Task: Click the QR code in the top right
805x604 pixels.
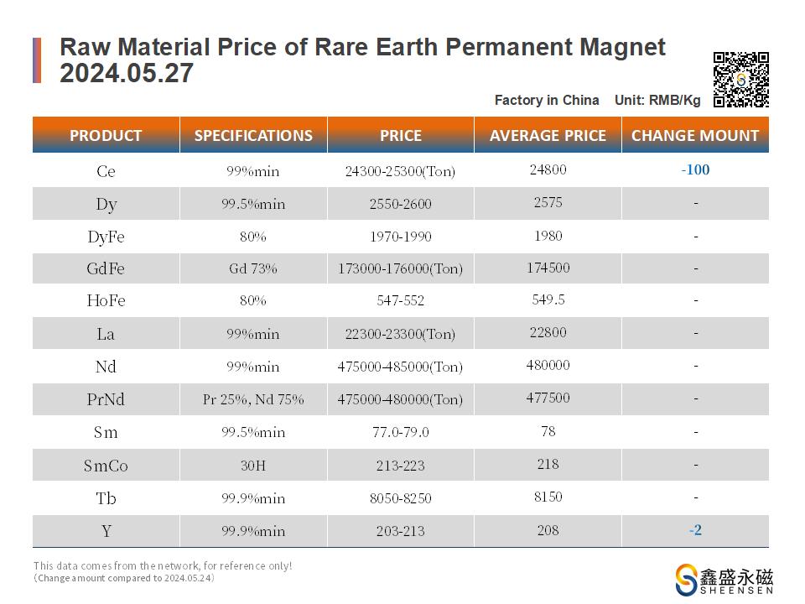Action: click(x=740, y=80)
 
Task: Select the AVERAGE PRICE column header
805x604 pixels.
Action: click(x=548, y=135)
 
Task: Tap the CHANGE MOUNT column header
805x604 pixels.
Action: click(x=695, y=135)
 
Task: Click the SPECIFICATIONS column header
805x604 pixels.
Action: click(x=253, y=135)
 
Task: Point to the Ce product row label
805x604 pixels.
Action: click(x=106, y=171)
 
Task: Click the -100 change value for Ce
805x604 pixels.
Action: click(x=695, y=170)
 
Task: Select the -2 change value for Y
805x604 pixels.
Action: click(x=695, y=530)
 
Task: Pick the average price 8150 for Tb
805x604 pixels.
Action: click(x=548, y=497)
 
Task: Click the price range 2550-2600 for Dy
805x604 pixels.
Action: click(x=400, y=204)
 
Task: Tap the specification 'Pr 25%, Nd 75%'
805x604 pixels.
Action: click(x=253, y=399)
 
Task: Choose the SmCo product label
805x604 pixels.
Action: click(x=106, y=466)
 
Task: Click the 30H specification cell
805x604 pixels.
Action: click(x=253, y=466)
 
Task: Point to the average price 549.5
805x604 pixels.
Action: click(x=548, y=299)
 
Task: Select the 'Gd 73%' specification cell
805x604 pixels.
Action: click(x=253, y=269)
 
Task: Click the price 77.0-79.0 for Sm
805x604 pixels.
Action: click(x=400, y=432)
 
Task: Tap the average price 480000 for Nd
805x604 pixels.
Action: click(x=548, y=365)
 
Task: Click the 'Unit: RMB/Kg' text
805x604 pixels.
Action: click(x=657, y=100)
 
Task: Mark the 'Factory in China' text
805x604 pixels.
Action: click(x=547, y=100)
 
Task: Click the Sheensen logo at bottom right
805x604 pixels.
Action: click(x=724, y=580)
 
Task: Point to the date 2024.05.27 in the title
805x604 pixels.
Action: click(x=127, y=74)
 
